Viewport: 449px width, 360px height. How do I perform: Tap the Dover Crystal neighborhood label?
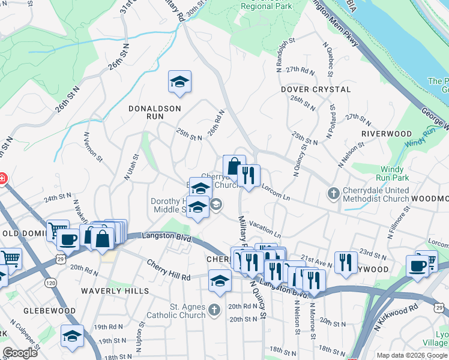point(316,89)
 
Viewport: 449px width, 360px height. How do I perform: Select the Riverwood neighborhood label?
point(387,134)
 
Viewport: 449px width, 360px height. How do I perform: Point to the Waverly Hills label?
point(115,291)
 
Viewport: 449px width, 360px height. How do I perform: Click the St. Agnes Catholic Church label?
point(179,311)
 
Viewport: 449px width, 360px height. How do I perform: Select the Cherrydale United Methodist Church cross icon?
point(334,193)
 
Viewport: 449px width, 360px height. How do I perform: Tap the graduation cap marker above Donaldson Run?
point(179,82)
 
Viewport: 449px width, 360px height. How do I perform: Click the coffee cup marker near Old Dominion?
point(68,239)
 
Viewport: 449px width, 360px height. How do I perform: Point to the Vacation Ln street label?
point(265,229)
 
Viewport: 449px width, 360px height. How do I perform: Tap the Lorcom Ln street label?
point(276,191)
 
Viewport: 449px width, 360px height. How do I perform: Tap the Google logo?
point(20,353)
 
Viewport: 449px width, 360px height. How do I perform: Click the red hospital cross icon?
point(2,178)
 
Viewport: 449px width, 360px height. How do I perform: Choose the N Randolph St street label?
point(280,55)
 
